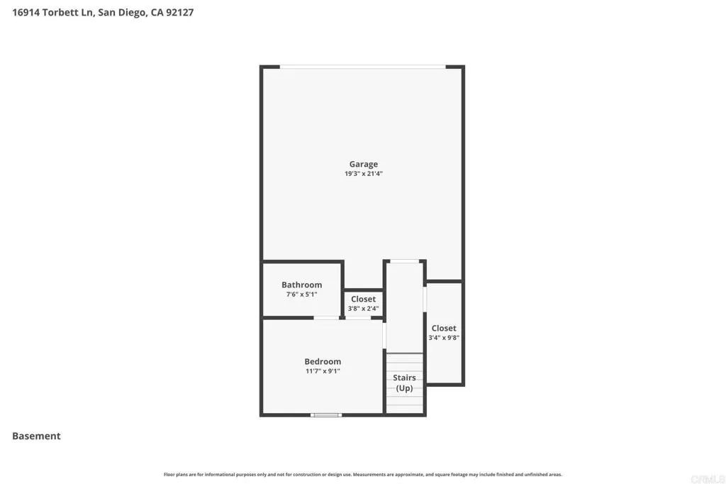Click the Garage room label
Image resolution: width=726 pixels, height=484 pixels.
coord(363,164)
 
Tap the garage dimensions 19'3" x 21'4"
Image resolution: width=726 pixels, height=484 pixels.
coord(363,174)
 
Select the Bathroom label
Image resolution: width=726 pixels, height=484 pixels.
coord(301,285)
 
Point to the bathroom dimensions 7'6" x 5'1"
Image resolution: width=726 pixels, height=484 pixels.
coord(301,295)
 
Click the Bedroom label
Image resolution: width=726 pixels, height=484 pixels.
coord(323,361)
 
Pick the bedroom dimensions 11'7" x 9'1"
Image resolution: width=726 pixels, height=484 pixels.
coord(323,371)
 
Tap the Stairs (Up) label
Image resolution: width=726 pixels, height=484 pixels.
coord(404,383)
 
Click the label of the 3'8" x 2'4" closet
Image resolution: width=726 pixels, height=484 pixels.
coord(363,299)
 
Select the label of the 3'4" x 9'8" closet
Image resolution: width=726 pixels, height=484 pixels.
coord(444,328)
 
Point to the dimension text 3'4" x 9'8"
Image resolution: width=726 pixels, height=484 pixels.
coord(444,338)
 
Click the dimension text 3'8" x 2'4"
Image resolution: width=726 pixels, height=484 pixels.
coord(363,309)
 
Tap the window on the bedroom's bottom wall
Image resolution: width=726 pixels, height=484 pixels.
coord(326,414)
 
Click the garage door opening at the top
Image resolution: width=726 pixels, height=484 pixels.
coord(362,67)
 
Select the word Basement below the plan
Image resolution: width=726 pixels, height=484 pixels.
coord(36,436)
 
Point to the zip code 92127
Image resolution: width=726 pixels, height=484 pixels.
coord(179,12)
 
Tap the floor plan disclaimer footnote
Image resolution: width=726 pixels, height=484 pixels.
coord(362,474)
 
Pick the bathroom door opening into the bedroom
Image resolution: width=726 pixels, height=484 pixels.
coord(326,318)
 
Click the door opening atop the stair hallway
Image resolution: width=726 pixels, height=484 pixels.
coord(404,261)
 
